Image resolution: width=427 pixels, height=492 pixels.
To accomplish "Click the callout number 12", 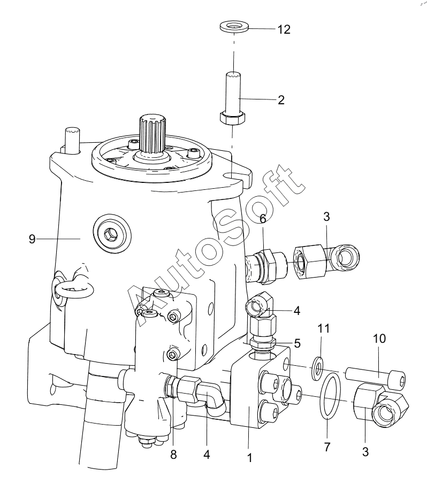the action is click(284, 29).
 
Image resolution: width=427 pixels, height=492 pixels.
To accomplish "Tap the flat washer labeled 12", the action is click(234, 26).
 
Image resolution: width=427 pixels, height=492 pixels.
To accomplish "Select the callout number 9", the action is click(32, 239).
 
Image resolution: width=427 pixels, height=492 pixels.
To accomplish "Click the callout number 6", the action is click(263, 219).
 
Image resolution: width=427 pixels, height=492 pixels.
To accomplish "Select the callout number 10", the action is click(379, 339).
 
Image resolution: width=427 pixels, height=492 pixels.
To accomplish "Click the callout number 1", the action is click(250, 458).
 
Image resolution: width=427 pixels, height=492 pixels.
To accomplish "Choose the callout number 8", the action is click(173, 455).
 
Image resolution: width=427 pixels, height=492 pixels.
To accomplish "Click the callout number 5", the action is click(298, 343).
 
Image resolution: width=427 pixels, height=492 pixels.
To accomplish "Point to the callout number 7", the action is click(327, 447).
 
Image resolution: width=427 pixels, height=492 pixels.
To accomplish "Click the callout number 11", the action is click(323, 328).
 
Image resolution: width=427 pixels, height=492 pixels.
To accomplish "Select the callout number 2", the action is click(281, 100).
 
